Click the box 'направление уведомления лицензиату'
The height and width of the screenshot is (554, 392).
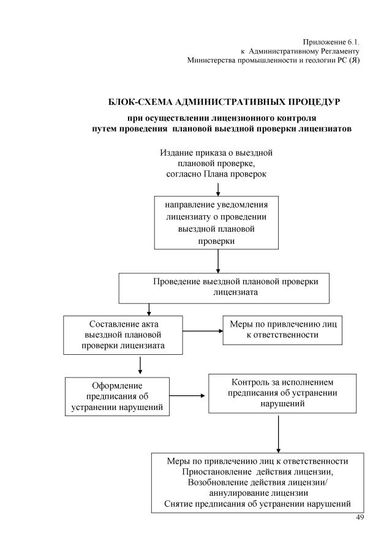217,222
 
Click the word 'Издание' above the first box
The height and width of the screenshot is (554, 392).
177,151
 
